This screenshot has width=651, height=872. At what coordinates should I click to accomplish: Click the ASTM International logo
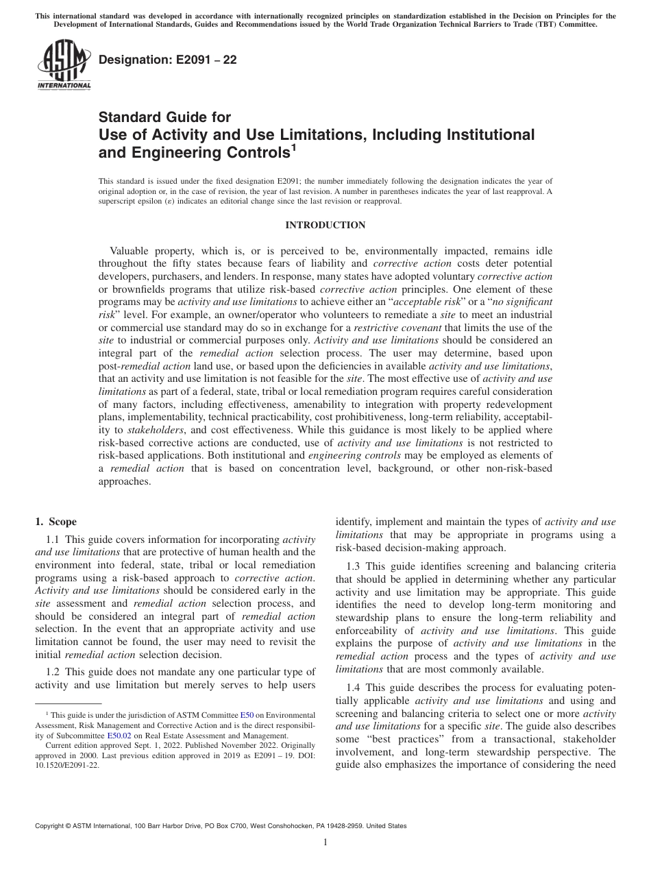coord(63,66)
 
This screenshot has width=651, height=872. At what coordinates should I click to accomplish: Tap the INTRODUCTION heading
coord(325,225)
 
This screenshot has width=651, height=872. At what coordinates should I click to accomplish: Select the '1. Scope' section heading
coord(56,522)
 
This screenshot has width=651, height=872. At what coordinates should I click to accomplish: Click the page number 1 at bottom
coord(325,842)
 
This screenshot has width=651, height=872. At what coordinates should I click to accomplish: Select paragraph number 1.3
coord(354,566)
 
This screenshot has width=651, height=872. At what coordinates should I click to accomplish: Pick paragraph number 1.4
coord(354,688)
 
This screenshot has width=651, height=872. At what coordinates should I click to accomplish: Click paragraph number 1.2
coord(54,672)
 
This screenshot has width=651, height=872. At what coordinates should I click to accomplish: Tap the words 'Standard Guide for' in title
coord(164,117)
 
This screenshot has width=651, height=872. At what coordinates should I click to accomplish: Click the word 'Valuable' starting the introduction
coord(132,251)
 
